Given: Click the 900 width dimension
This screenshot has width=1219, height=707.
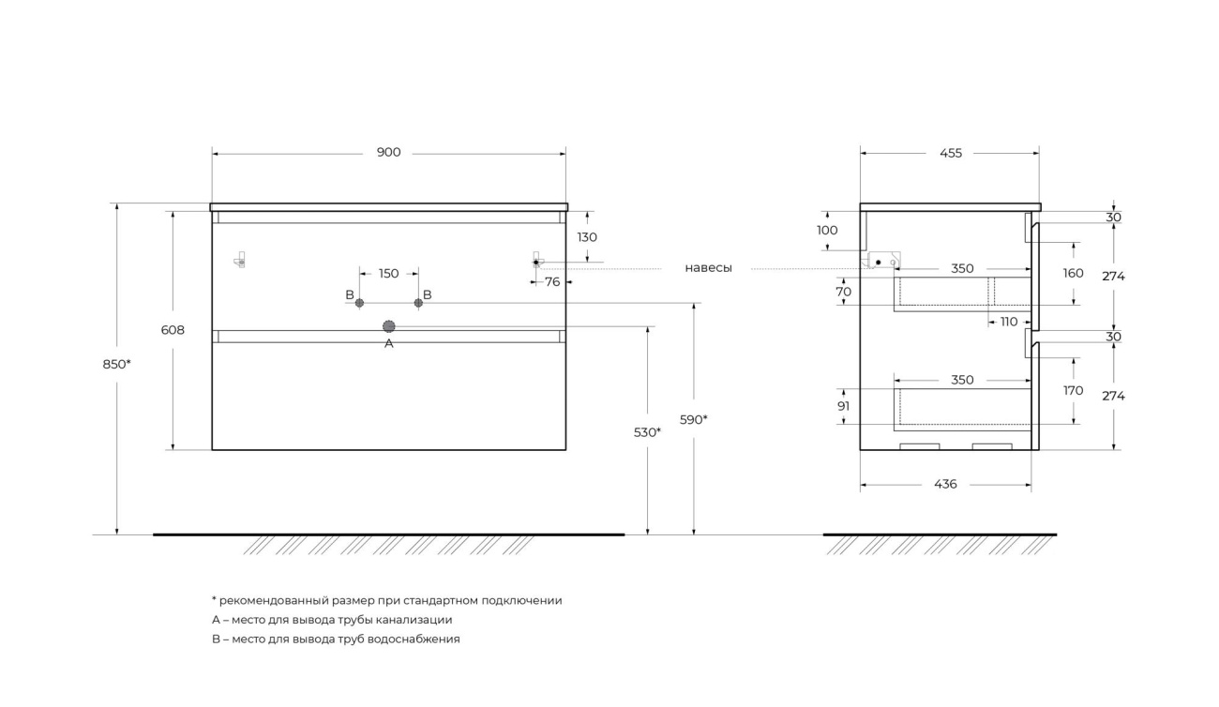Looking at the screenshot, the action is [388, 153].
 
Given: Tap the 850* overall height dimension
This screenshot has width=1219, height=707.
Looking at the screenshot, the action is [116, 364].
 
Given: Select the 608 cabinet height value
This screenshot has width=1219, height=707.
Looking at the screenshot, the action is [173, 330].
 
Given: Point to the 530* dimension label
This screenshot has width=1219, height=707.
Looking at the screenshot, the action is [647, 432].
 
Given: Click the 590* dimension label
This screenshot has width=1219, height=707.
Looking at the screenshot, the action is [693, 419].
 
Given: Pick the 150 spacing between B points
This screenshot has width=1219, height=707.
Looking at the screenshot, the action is [388, 274].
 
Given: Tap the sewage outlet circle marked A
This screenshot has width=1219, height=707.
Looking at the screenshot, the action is [389, 326].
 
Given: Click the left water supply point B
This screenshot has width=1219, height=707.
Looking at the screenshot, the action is [359, 303].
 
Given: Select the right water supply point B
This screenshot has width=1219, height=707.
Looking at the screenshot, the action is [418, 303].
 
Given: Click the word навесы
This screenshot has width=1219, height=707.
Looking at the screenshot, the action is [708, 268].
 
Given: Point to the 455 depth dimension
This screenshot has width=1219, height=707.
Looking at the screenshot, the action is [950, 153].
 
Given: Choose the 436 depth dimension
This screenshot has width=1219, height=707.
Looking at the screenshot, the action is [945, 484].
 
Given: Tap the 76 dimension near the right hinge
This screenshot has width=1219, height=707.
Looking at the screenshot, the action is [552, 281].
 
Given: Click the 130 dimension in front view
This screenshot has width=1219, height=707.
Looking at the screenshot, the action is [587, 237].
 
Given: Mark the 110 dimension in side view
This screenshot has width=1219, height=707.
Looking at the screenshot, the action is [1008, 322].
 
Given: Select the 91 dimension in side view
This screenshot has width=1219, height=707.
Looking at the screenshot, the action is [844, 406].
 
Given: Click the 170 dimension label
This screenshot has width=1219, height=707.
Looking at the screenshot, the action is [1074, 390].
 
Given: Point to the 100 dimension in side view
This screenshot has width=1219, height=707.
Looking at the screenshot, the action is [827, 230].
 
